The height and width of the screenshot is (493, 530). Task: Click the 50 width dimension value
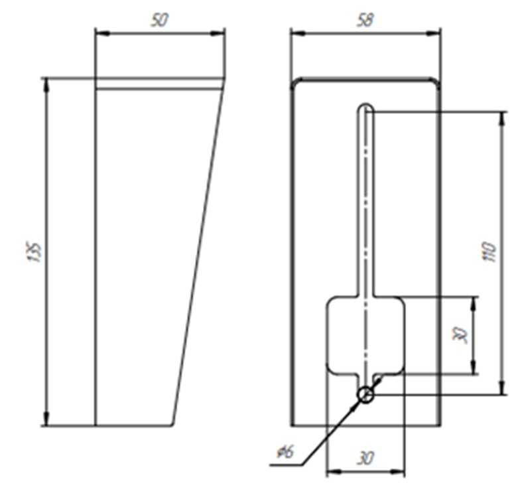coord(159,21)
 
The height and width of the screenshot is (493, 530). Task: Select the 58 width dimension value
coord(365,21)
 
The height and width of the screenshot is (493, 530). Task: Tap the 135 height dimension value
coord(33,251)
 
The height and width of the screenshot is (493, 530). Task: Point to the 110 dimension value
coord(490,251)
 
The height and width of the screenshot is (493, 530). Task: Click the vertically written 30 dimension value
coord(460,335)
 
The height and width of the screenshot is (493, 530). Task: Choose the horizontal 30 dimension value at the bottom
coord(365,458)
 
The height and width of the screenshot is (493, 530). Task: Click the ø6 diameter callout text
coord(286,452)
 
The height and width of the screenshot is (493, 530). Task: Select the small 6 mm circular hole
coord(365,395)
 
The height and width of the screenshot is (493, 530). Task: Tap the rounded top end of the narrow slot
coord(365,104)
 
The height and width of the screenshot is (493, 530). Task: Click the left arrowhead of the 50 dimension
coord(102,33)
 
